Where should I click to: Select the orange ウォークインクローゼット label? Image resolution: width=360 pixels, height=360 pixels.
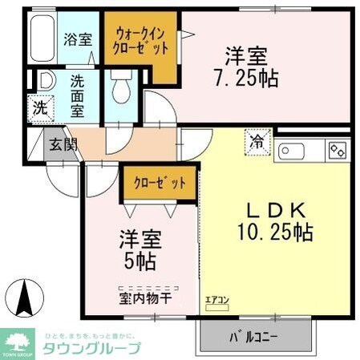[x=142, y=41]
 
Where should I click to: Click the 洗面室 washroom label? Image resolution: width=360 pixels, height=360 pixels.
[x=78, y=95]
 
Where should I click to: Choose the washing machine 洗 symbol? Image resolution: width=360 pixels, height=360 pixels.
[x=39, y=106]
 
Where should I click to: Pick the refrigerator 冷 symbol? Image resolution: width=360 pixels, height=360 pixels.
[x=258, y=141]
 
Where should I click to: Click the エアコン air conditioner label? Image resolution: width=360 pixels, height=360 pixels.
[x=216, y=301]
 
